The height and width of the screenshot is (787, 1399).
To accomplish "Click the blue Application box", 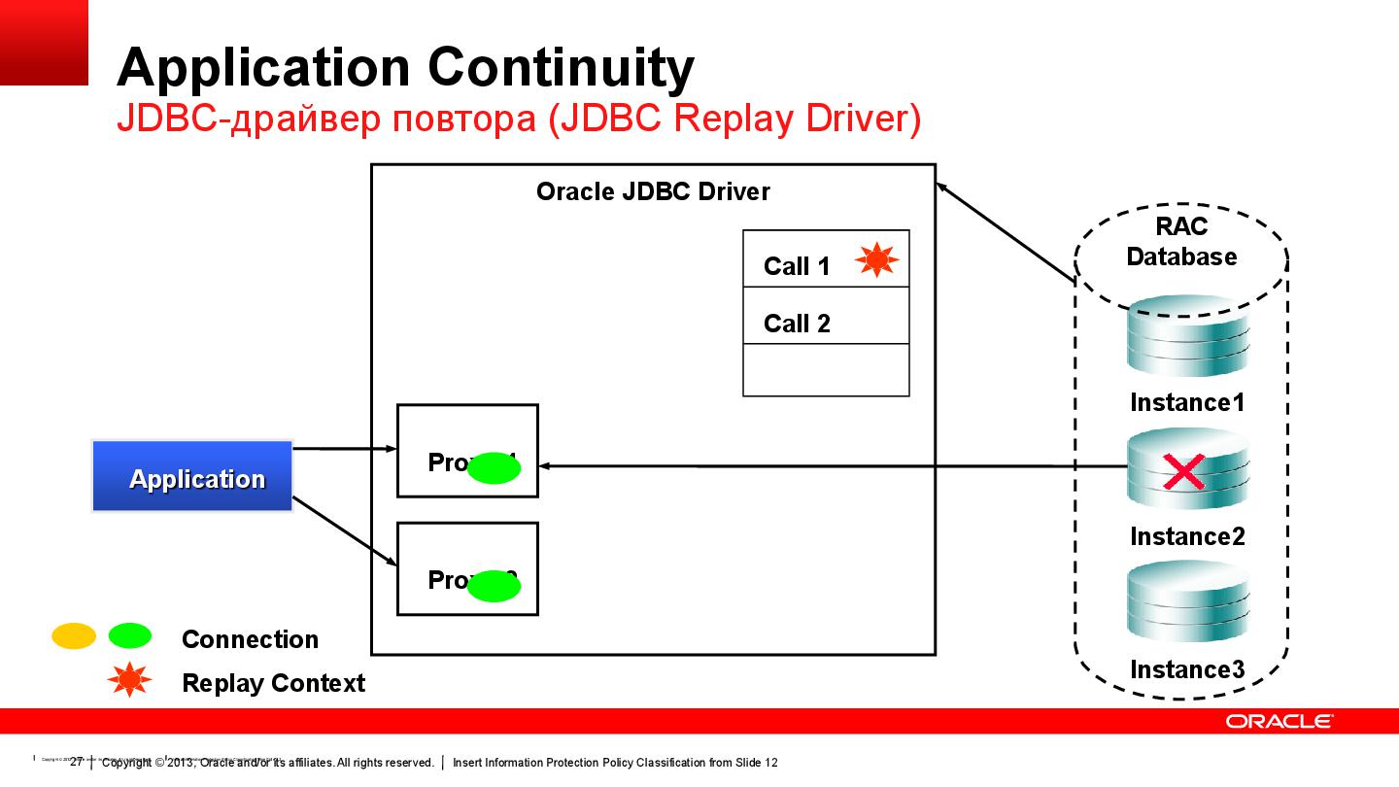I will click(x=192, y=476).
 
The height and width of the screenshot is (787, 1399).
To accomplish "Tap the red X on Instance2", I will click(x=1183, y=473).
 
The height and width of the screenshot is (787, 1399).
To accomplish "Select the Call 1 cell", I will click(x=798, y=265).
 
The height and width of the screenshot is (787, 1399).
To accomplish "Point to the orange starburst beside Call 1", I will click(x=876, y=259).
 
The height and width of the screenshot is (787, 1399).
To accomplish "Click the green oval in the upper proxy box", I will click(x=495, y=468).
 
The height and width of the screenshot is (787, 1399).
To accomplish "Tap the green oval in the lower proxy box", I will click(x=495, y=585).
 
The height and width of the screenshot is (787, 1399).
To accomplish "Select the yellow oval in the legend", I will click(x=74, y=636).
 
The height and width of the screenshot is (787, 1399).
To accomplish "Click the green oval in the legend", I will click(x=129, y=636).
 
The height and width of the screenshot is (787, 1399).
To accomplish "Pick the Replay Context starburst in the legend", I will click(x=129, y=681).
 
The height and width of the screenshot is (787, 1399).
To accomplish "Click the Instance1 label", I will click(x=1186, y=402).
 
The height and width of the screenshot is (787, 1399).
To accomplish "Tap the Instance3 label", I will click(x=1186, y=669).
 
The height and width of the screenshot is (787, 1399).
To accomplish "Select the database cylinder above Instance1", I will click(x=1186, y=338).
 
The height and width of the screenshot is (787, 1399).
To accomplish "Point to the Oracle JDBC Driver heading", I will click(x=653, y=191).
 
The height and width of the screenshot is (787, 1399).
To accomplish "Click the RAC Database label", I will click(x=1181, y=242).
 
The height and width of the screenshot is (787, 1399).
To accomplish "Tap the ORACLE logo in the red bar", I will click(x=1279, y=721).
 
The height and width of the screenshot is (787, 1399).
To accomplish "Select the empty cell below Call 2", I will click(x=826, y=369).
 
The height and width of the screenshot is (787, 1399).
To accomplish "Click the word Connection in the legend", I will click(x=250, y=639).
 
